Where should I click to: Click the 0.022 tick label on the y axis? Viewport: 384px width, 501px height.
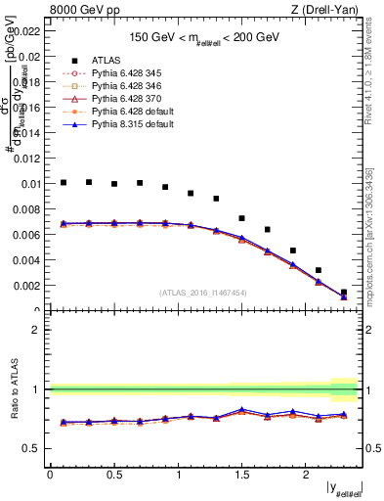[x=28, y=31]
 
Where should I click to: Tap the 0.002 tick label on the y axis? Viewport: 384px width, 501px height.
[x=28, y=286]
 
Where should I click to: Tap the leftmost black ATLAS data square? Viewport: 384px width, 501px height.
[x=64, y=182]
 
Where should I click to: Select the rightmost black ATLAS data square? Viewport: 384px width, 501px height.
[x=343, y=292]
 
